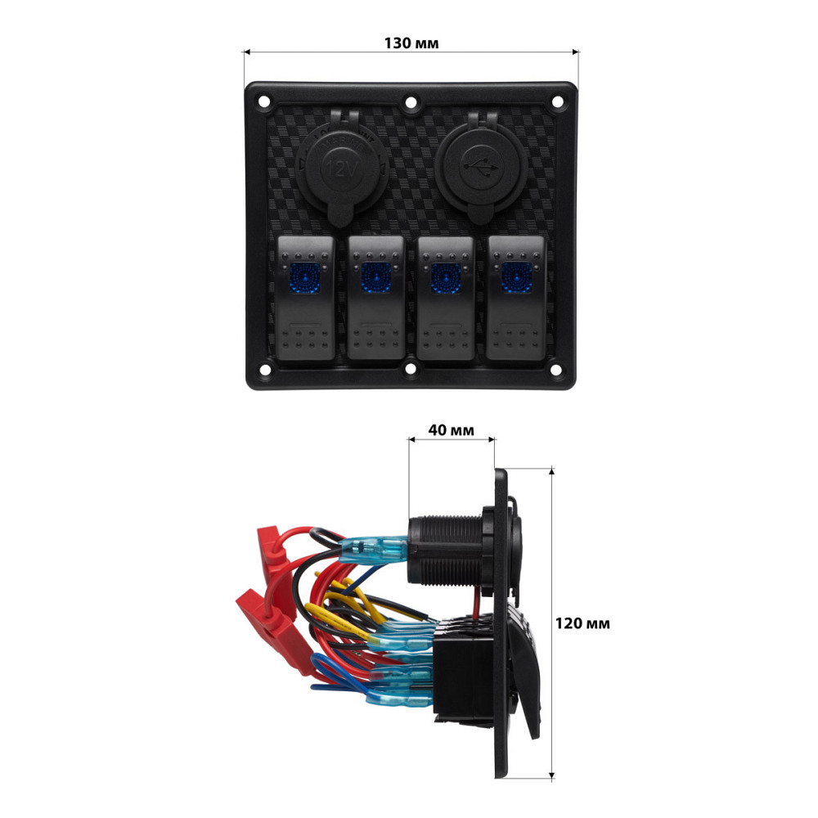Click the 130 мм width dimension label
coord(411,43)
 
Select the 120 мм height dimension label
coord(582,623)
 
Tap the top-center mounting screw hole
coord(411,104)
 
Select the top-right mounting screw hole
coord(558,102)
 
